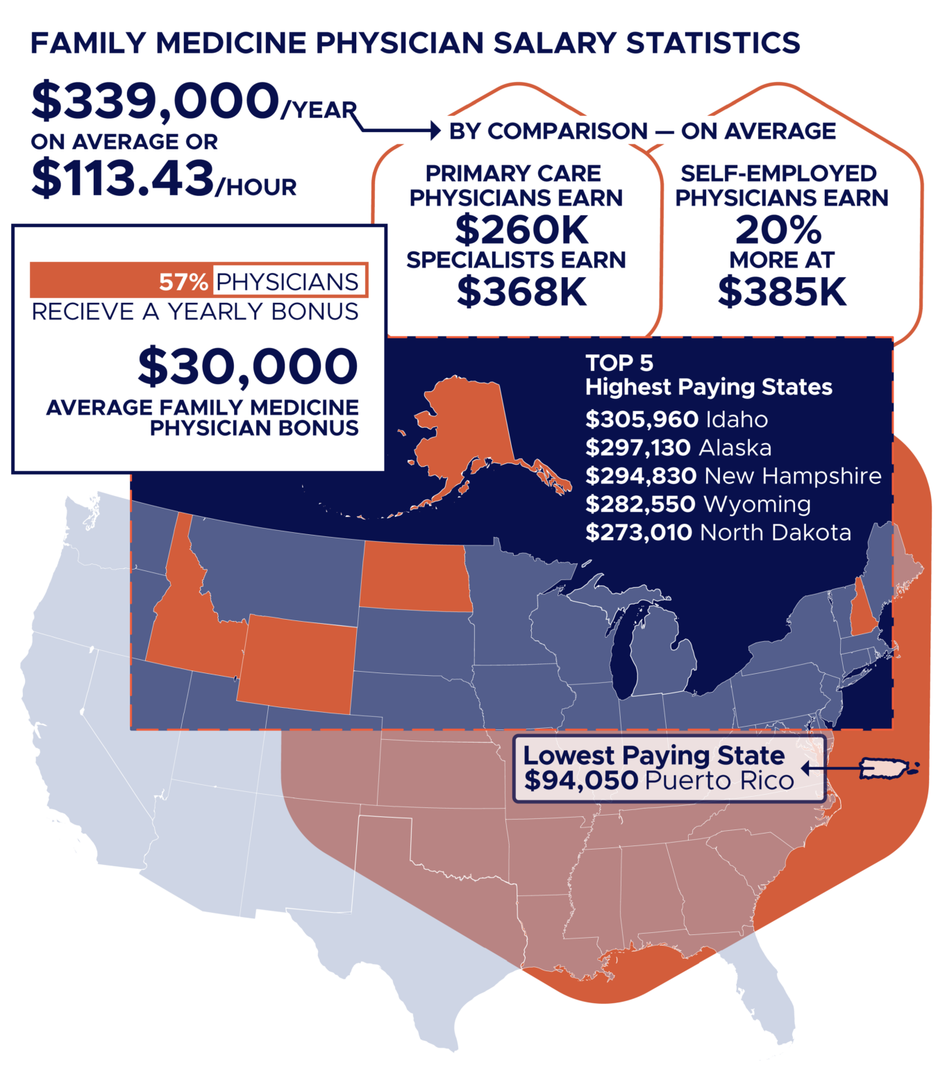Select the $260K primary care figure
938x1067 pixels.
point(521,230)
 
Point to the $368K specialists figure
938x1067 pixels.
point(521,291)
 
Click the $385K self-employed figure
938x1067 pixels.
point(782,291)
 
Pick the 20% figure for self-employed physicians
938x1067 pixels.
point(778,230)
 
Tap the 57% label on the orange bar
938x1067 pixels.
point(183,282)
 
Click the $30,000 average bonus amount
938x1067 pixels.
point(248,366)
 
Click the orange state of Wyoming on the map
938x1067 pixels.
point(297,663)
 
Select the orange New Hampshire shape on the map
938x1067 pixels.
point(863,611)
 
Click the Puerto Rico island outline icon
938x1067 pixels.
point(886,768)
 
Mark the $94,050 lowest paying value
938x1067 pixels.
point(581,781)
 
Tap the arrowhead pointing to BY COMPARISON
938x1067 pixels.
point(435,131)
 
